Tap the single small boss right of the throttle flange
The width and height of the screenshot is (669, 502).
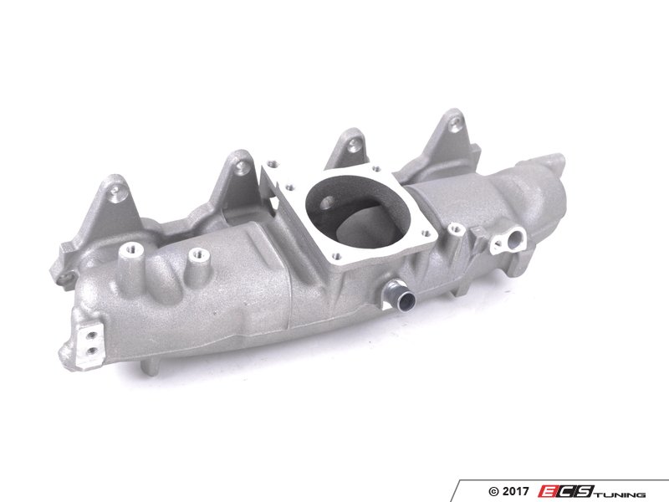coord(455,226)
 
